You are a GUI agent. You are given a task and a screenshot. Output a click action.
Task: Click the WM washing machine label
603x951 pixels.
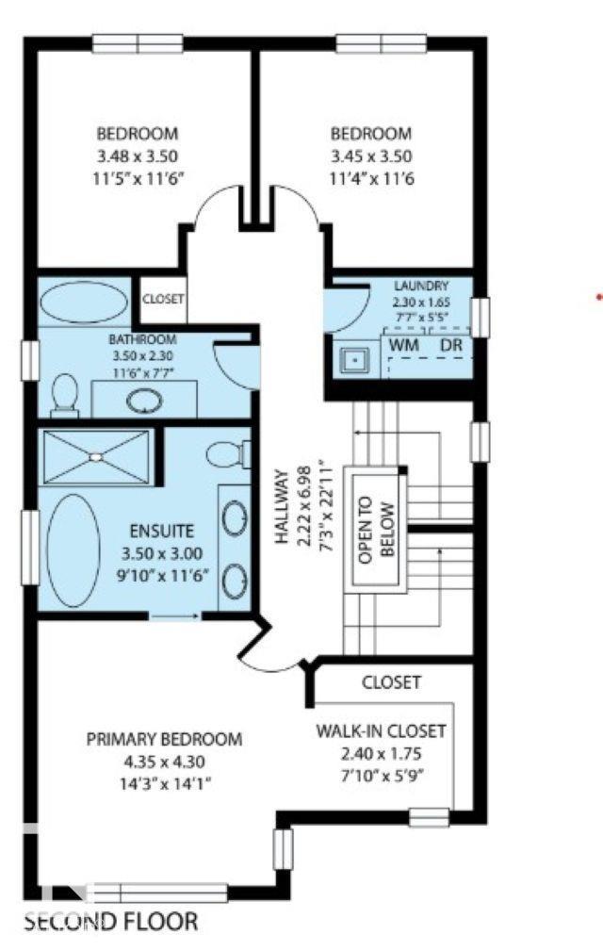coord(404,345)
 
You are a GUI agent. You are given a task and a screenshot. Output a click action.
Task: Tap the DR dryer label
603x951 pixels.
coord(451,345)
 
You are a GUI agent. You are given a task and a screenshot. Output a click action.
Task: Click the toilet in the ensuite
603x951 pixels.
coord(228,454)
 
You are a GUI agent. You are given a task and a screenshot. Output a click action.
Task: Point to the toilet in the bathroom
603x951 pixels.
coord(65,396)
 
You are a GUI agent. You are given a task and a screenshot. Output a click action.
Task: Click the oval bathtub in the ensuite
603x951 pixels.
coord(73,550)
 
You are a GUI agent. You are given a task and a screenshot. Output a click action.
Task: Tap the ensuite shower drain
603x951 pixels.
coord(96,457)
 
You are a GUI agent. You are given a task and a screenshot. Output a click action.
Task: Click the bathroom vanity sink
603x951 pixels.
coord(144,402)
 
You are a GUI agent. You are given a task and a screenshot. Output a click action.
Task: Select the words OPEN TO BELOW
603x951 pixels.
coord(376,531)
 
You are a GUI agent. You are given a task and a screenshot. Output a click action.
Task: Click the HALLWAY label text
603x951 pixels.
coord(282,507)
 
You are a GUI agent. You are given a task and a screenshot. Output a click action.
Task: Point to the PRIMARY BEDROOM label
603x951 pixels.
coord(164,739)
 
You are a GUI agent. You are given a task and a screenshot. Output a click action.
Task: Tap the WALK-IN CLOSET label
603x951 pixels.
coord(382,730)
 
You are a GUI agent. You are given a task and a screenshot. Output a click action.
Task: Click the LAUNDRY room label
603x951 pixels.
coord(421,286)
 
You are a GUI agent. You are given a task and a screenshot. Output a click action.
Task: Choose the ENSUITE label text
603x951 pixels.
coord(162,532)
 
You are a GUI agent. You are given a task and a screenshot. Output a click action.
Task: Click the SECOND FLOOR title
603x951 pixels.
coord(111,922)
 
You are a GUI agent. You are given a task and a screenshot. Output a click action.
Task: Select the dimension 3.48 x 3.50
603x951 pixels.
coord(138,156)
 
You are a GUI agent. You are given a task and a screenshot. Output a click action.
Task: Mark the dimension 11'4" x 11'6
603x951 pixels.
coord(372,179)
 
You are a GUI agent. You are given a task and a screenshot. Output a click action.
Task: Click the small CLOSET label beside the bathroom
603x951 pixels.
coord(163,299)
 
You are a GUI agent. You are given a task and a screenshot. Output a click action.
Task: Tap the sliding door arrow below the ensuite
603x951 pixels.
coord(174,616)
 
